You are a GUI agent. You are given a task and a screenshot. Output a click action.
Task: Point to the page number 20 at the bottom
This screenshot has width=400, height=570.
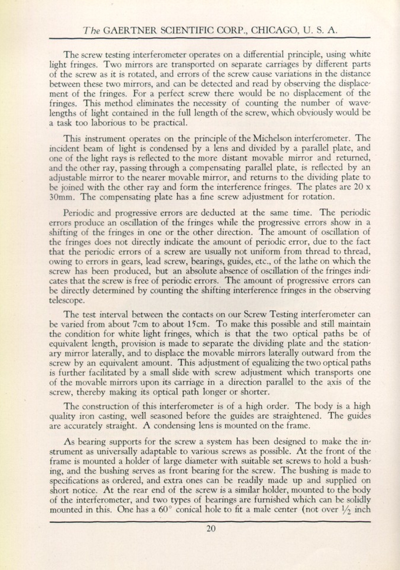pos(210,528)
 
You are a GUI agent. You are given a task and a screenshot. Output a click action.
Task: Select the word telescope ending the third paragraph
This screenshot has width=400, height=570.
pos(66,300)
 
